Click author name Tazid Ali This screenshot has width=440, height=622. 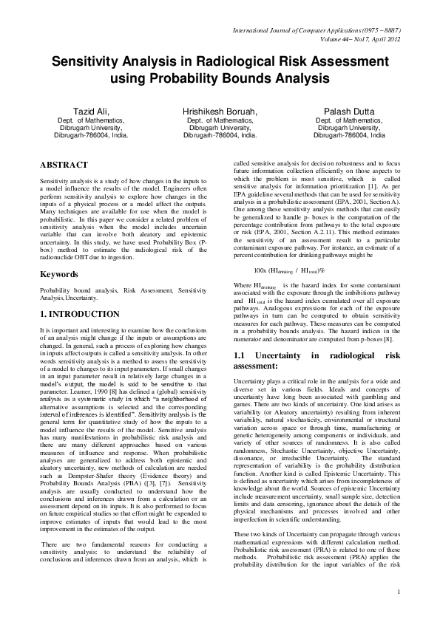pyautogui.click(x=92, y=111)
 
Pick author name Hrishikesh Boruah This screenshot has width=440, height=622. pyautogui.click(x=220, y=111)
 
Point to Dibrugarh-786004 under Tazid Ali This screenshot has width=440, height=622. pyautogui.click(x=92, y=136)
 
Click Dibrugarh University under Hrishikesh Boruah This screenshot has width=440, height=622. pyautogui.click(x=220, y=127)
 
